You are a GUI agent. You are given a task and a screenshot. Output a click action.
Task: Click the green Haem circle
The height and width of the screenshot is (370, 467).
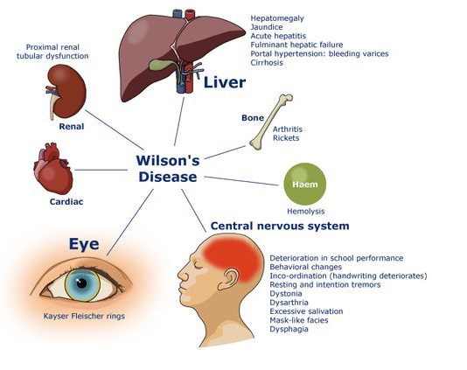pos(304,184)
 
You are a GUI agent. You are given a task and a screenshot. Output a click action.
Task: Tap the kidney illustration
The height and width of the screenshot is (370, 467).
pos(67,91)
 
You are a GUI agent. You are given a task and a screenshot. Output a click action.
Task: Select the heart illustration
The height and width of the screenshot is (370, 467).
pos(53,168)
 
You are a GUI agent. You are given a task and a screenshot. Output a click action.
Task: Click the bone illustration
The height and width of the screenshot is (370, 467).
pos(271,122)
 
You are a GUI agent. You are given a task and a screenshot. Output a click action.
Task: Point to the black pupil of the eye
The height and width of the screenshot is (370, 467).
pos(81,283)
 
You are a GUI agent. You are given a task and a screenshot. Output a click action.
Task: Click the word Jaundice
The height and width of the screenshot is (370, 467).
pos(267,27)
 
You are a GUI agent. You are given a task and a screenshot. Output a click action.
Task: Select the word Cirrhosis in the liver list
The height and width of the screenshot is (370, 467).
pos(267,63)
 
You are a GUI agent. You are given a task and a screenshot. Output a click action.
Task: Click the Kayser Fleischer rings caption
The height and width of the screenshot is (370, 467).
pos(84,316)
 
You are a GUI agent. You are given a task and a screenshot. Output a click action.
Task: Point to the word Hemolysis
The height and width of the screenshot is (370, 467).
pos(305,211)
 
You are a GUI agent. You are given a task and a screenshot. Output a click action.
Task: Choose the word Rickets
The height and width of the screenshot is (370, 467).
pos(286,138)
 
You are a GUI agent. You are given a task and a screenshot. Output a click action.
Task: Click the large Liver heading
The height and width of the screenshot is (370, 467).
pos(225,82)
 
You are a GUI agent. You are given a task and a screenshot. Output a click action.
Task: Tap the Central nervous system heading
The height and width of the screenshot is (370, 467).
pos(280,226)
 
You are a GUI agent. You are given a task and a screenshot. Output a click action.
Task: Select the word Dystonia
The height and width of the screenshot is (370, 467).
pos(286,294)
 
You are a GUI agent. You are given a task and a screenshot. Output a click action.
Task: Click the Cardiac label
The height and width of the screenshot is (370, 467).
pos(66,202)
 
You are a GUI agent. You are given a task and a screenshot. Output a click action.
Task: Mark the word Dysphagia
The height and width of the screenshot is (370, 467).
pos(289,329)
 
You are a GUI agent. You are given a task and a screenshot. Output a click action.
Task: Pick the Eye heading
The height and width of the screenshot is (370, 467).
pos(84,244)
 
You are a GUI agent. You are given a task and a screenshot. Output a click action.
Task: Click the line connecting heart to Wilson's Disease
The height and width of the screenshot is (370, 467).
pos(101,170)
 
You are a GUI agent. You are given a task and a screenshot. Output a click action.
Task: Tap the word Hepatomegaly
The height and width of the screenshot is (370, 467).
pos(277,18)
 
